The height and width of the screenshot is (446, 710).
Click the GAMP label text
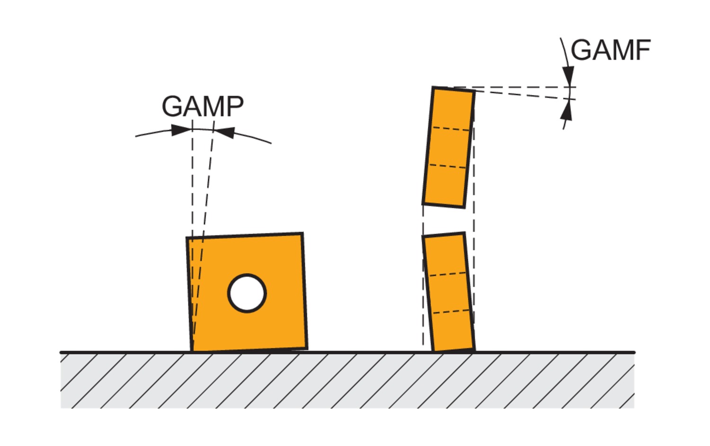pos(203,107)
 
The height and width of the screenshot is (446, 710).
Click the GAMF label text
pos(610,50)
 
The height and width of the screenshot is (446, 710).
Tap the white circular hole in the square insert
pos(247,293)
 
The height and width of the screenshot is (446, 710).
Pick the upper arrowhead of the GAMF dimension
pos(568,76)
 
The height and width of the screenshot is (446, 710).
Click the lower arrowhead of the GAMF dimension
pos(566,111)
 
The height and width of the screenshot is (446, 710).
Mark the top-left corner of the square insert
pos(187,238)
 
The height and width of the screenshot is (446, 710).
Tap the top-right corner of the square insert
pos(302,233)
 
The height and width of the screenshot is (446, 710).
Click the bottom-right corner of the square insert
pos(306,348)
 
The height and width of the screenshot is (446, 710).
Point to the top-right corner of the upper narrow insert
pos(474,91)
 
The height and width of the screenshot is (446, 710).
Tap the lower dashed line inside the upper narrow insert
pos(447,166)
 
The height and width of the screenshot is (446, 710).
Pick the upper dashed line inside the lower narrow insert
pos(447,274)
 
